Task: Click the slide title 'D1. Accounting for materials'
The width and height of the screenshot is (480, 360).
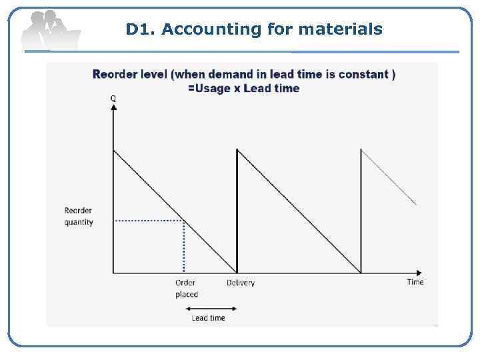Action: [254, 29]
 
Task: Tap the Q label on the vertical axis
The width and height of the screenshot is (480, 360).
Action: [113, 98]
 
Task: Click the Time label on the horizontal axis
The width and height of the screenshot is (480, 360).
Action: [415, 282]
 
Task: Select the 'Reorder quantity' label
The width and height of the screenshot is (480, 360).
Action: [79, 217]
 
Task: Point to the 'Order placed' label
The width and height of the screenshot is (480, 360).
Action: [186, 288]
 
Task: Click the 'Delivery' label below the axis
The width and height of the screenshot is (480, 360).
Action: [240, 283]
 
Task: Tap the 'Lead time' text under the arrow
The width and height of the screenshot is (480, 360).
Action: [209, 318]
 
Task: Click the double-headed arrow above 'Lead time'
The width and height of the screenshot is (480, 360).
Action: [210, 308]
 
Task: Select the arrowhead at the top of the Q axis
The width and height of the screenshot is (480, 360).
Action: [113, 107]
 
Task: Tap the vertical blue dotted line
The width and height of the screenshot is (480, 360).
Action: [184, 247]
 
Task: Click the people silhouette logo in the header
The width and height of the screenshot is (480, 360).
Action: [50, 30]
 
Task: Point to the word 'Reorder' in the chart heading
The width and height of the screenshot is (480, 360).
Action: [114, 74]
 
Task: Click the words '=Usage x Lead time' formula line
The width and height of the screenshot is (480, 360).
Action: [243, 88]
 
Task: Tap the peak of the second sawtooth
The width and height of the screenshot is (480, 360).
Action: [237, 149]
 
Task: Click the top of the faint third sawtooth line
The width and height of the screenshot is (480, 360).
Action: [361, 149]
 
